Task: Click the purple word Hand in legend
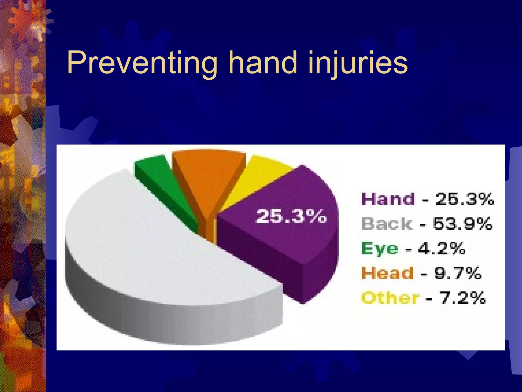388,199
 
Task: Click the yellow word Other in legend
390,298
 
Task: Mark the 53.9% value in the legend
463,224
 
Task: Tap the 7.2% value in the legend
463,298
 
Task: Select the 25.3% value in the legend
465,199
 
